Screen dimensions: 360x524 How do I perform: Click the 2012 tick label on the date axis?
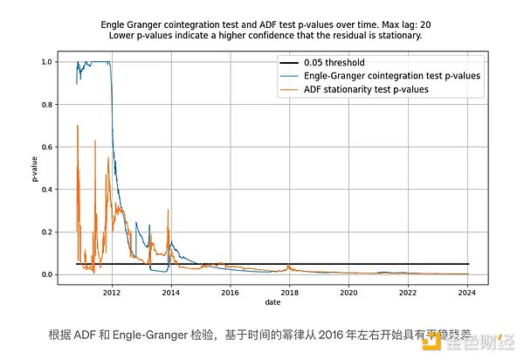click(x=111, y=293)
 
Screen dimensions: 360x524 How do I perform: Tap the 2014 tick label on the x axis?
click(x=170, y=293)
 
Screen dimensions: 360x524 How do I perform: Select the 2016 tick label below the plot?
click(x=230, y=293)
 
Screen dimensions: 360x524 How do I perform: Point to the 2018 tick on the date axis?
click(x=289, y=293)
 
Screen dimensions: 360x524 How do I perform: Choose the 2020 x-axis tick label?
click(x=348, y=293)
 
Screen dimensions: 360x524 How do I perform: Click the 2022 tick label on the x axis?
click(x=408, y=293)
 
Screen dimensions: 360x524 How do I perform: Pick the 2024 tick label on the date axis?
click(x=467, y=293)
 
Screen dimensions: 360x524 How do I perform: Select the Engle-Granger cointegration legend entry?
click(x=391, y=76)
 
